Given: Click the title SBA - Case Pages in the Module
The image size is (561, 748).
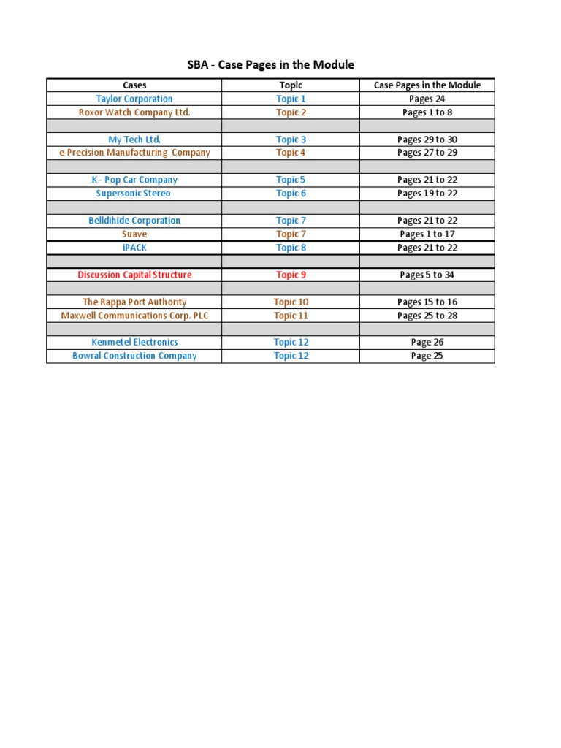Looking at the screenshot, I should point(270,65).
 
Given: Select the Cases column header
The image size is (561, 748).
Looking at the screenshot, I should point(134,85).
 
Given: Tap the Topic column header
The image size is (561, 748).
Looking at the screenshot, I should point(291,85).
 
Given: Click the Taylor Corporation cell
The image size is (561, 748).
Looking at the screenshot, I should point(134,99).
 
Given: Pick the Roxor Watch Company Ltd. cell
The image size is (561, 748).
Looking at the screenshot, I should point(134,112).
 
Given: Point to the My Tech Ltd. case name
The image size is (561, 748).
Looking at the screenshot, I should point(134,140).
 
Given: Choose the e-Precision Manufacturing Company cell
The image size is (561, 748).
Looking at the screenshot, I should point(134,153).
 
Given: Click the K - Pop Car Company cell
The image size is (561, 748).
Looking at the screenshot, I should point(134,180).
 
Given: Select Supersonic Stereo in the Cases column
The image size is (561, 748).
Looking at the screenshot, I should point(134,194).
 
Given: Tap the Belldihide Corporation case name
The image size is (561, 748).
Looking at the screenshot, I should point(134,221).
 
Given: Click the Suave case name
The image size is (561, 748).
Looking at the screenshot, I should point(134,234).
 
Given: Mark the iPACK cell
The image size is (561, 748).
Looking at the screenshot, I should point(134,248).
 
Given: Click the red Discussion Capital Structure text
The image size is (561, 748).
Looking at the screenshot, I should point(135,275).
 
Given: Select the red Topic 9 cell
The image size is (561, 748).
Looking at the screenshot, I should point(291,275).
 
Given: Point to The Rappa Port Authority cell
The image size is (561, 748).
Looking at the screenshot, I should point(134,302).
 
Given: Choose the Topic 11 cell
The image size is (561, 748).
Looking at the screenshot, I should point(291,316).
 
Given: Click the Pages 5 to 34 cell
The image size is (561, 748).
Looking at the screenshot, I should point(427,275).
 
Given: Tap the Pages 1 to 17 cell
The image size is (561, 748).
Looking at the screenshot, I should point(427,234).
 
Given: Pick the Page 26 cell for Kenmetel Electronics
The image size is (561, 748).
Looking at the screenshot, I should point(427,342).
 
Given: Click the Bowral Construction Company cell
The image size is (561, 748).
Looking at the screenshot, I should point(134,356).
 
